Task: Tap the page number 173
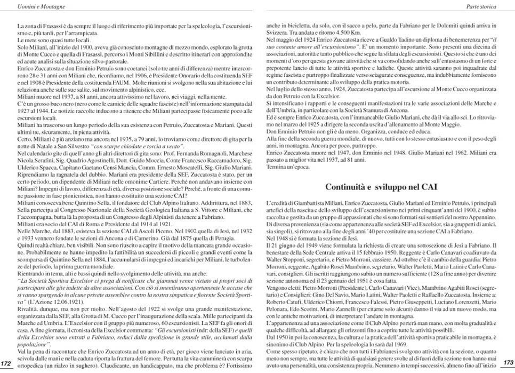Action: coord(508,363)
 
